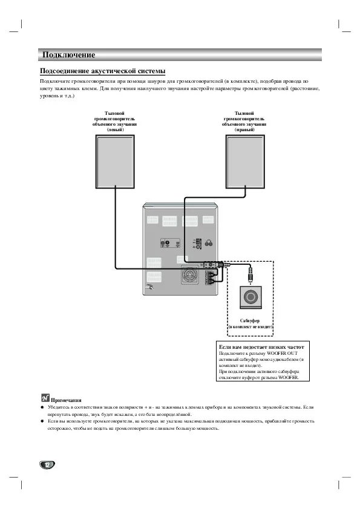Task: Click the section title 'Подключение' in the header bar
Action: [x=68, y=55]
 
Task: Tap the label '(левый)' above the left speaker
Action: [x=115, y=129]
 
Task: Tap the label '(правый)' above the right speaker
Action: [x=244, y=129]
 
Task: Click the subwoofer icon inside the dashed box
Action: [x=250, y=297]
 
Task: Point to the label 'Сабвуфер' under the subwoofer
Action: [x=250, y=320]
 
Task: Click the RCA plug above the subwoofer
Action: [x=249, y=277]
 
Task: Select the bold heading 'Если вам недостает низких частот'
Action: [x=261, y=348]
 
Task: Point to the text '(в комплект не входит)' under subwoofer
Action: [x=250, y=326]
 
